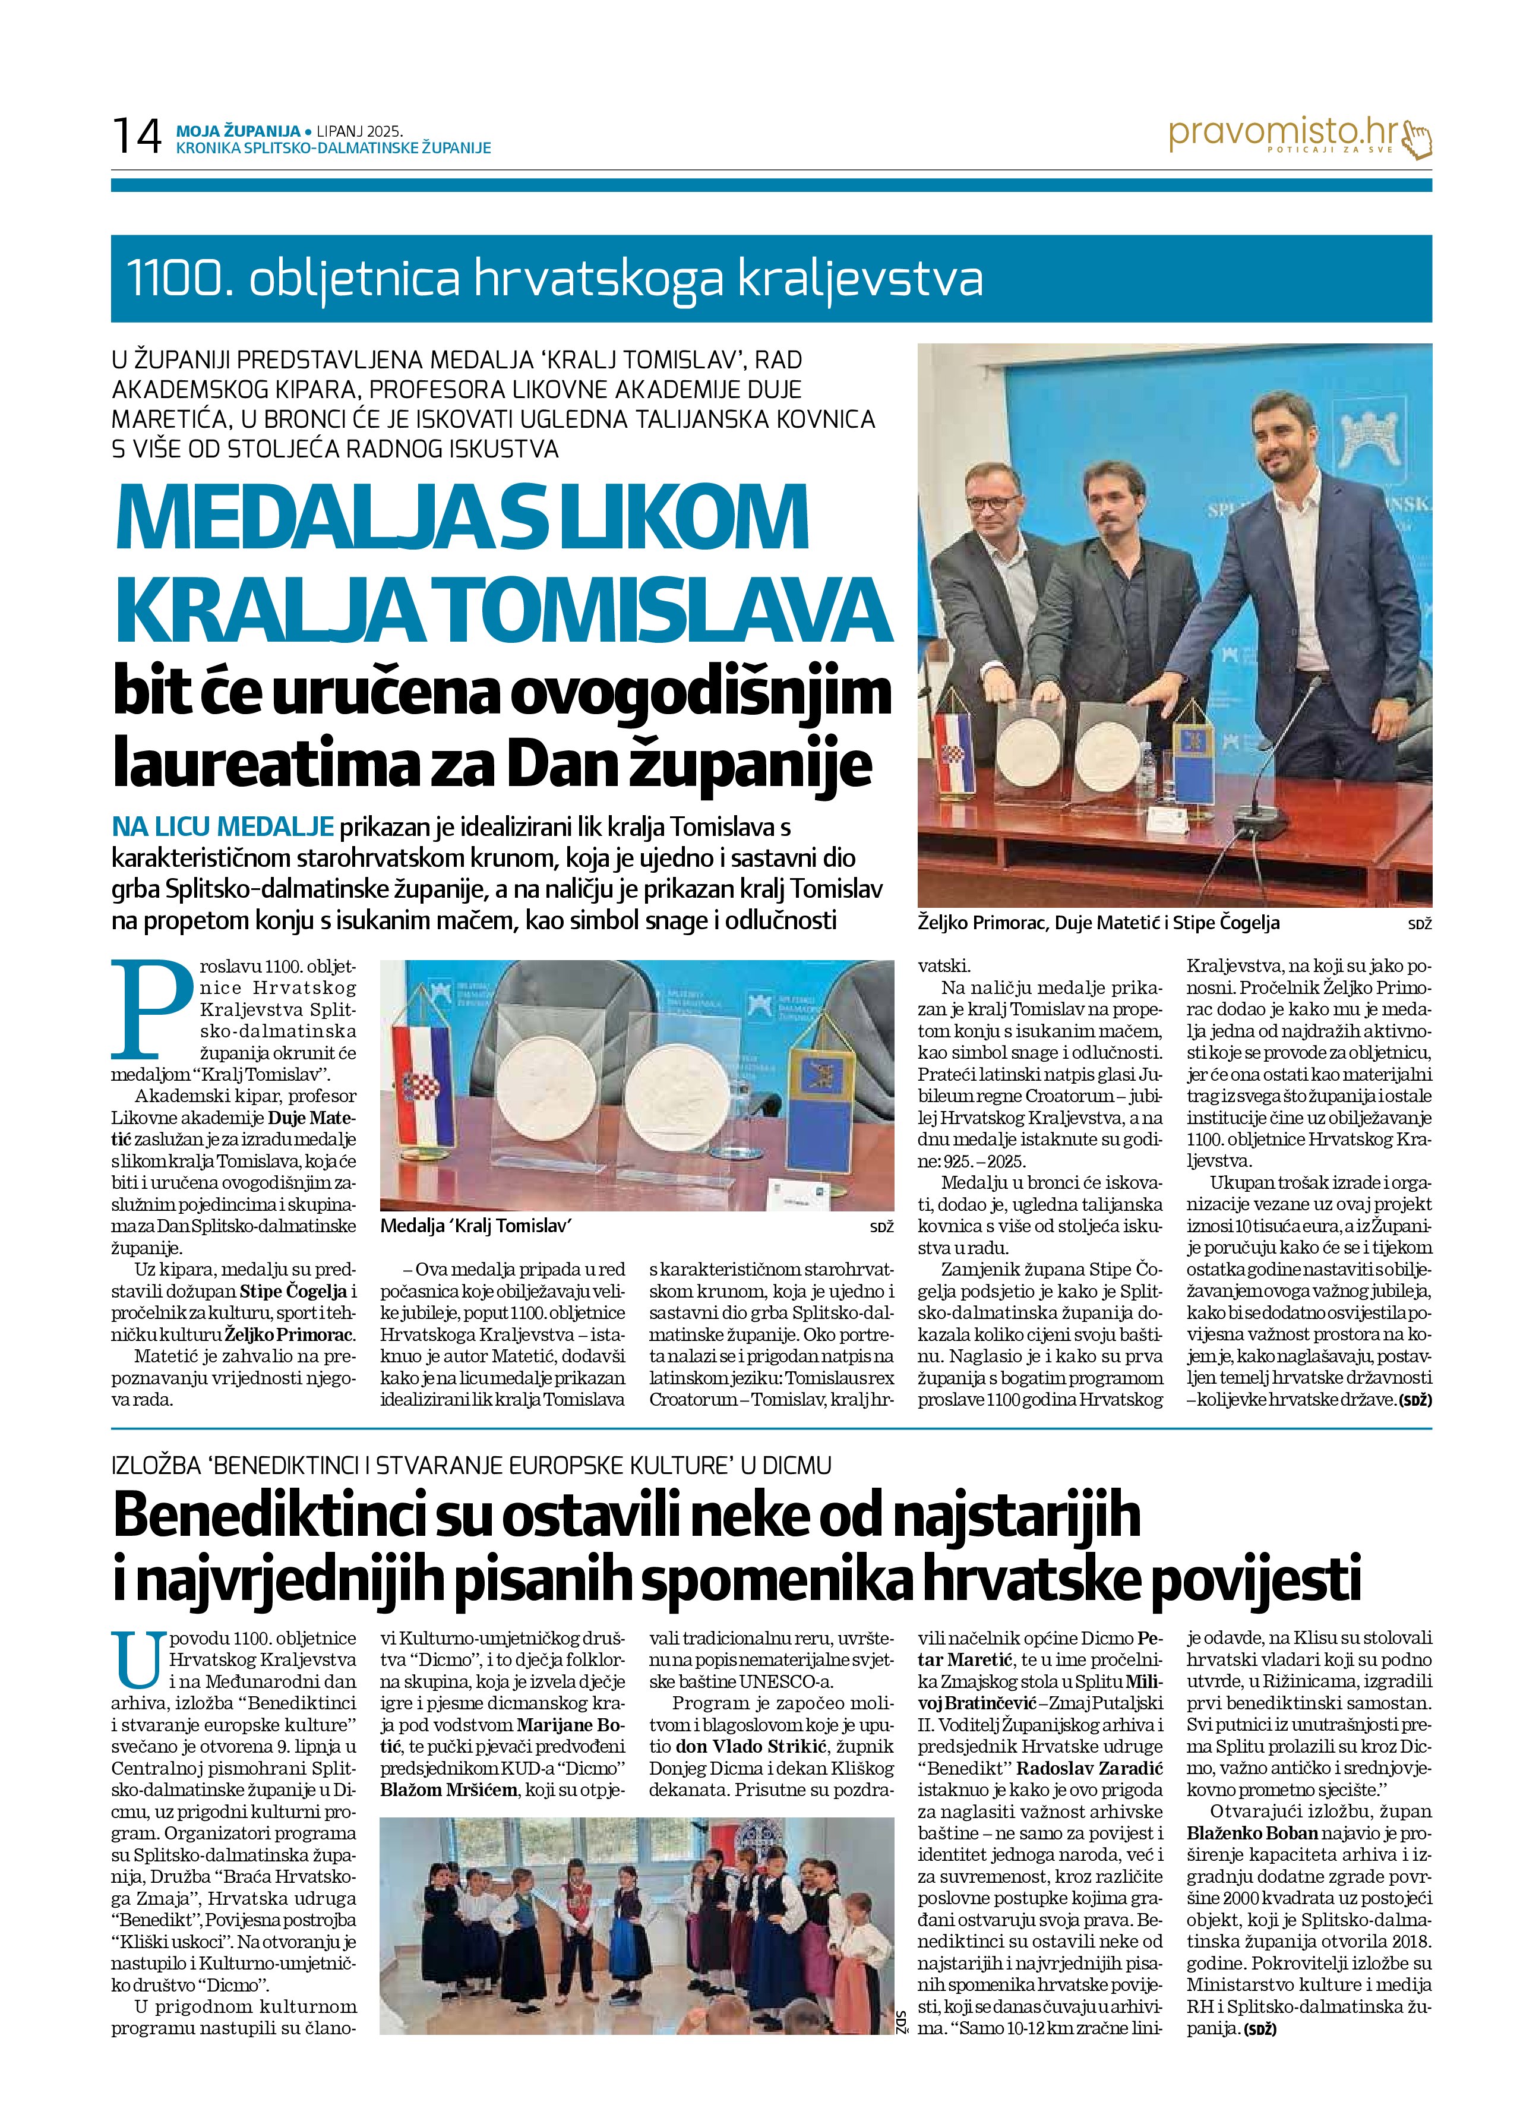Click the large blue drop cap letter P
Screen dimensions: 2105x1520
pyautogui.click(x=150, y=1008)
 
